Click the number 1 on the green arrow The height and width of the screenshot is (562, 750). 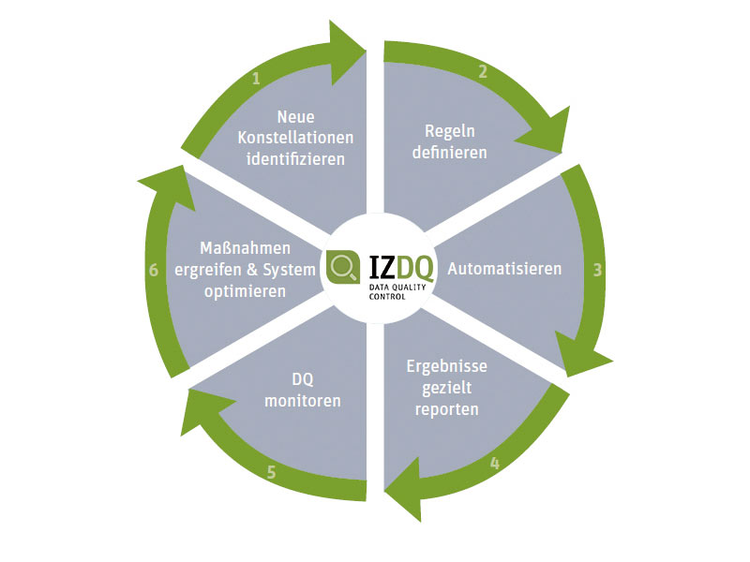coord(256,79)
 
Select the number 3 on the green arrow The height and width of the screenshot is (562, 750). coord(597,269)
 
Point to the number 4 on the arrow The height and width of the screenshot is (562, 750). coord(494,462)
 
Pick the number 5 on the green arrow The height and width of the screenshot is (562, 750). coord(271,472)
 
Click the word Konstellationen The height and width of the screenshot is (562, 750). coord(295,138)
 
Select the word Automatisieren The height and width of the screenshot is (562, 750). coord(504,269)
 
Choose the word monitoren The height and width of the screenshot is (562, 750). coord(302,401)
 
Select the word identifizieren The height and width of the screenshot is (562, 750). coord(295,158)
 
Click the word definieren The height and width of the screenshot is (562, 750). coord(450,151)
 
